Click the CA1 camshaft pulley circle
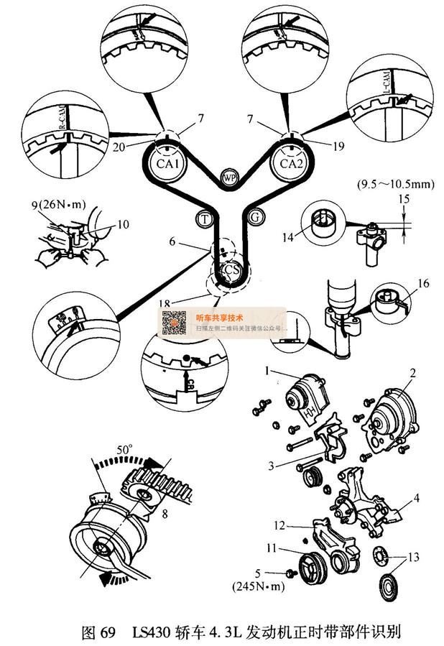(x=172, y=162)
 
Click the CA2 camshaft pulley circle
(x=289, y=162)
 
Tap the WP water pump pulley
(x=229, y=177)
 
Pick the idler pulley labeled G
(x=254, y=216)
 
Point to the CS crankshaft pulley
(x=228, y=271)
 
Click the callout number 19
(x=319, y=145)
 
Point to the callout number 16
(x=423, y=284)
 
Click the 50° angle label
(x=125, y=449)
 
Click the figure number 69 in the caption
(x=107, y=632)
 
